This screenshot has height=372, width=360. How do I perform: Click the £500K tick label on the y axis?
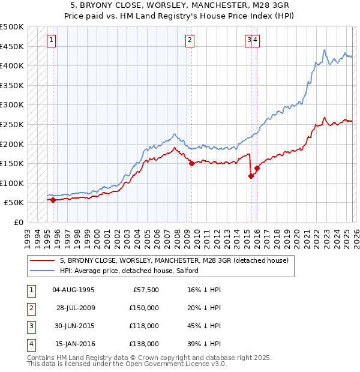[x=12, y=27]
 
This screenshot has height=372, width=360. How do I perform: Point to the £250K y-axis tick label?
[x=12, y=125]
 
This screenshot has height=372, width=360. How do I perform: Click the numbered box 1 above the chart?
[x=52, y=40]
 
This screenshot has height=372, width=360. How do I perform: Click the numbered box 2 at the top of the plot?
[x=190, y=40]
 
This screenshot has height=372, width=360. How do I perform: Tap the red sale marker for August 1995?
[x=53, y=200]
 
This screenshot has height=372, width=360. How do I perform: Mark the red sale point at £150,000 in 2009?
[x=191, y=163]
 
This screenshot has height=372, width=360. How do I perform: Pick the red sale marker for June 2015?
[x=251, y=176]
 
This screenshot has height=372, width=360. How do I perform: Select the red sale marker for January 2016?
[x=257, y=168]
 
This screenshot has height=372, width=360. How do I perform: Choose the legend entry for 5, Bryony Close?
[x=174, y=260]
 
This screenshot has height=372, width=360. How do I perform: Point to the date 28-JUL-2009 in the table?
[x=76, y=308]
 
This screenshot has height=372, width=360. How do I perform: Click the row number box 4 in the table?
[x=30, y=344]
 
